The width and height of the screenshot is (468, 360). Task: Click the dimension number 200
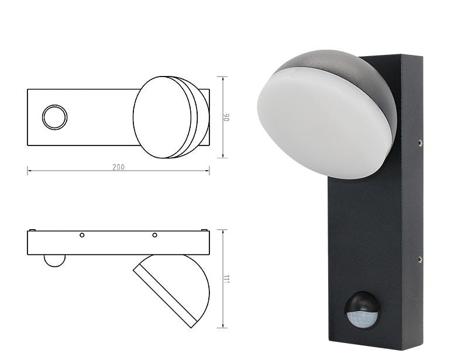click(x=118, y=167)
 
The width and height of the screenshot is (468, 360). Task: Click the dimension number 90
click(x=228, y=117)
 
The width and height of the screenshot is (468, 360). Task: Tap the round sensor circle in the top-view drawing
click(x=54, y=117)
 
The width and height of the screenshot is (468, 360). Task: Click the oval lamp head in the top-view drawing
click(x=163, y=117)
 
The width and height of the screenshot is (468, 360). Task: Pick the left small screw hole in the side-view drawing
click(x=82, y=235)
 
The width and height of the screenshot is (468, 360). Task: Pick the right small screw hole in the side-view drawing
click(x=154, y=235)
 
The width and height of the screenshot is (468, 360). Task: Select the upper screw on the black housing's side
click(x=420, y=141)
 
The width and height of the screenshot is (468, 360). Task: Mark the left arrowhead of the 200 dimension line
click(x=29, y=171)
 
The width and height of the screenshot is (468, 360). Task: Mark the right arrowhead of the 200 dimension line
click(x=208, y=171)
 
